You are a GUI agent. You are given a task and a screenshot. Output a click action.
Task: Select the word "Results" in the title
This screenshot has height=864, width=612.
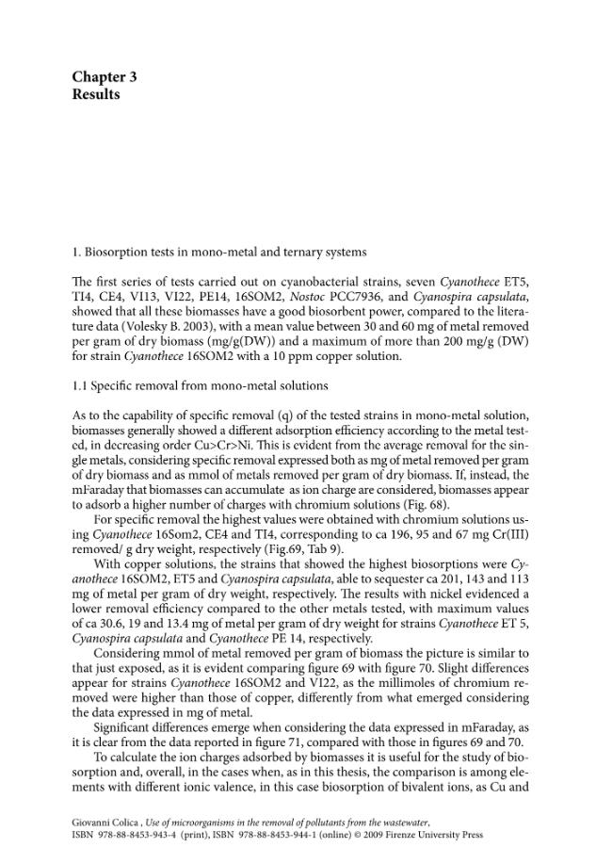[x=96, y=94]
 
